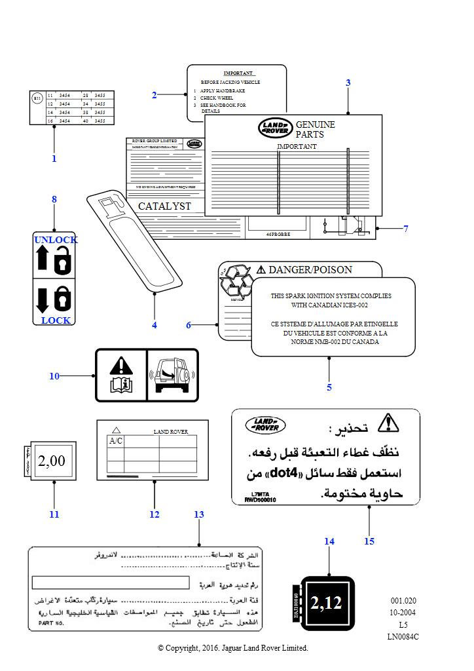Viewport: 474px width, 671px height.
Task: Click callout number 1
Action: (54, 158)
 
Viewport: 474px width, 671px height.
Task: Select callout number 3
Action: (348, 83)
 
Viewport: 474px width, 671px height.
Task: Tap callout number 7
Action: (406, 229)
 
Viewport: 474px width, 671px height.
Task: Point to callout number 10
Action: (54, 376)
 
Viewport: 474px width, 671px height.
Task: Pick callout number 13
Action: (199, 515)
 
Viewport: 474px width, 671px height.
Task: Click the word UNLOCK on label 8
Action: (56, 240)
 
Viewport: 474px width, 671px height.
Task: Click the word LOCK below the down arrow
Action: (56, 320)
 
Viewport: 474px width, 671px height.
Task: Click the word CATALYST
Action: (164, 206)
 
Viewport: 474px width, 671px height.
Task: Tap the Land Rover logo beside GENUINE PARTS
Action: (275, 128)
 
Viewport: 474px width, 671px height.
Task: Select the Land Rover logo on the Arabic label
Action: (265, 425)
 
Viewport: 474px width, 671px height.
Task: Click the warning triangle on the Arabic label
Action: (388, 423)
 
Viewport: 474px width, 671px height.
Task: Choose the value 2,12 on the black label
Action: (326, 603)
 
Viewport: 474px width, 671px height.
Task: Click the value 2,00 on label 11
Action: (52, 461)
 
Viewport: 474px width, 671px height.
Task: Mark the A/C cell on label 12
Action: (115, 441)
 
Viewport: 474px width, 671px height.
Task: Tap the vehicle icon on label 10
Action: (172, 375)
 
